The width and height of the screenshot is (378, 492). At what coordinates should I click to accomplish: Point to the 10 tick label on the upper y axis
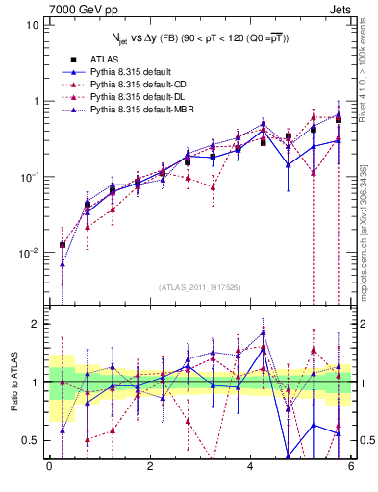click(32, 24)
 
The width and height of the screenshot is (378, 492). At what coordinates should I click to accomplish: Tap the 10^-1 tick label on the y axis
click(29, 177)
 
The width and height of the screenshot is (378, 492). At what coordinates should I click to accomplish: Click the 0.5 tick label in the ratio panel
click(30, 440)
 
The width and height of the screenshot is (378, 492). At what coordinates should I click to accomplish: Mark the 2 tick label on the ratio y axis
click(35, 325)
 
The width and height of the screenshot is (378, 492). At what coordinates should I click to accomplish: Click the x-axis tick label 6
click(352, 468)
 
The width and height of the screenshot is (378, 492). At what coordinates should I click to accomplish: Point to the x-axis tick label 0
click(49, 468)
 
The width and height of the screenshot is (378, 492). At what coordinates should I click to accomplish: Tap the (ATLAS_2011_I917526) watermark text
click(200, 286)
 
